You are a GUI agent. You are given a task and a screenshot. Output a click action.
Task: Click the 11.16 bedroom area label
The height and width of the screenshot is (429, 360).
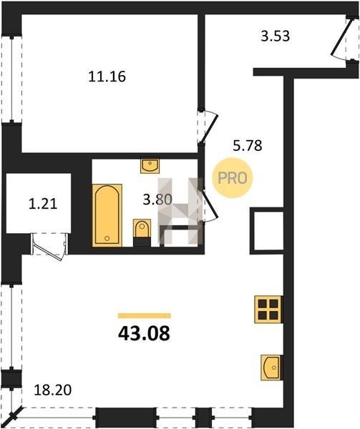(107, 77)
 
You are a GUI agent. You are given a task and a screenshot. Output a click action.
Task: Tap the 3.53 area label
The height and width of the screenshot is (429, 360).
(275, 36)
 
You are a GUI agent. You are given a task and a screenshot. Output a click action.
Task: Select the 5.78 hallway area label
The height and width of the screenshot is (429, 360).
(248, 146)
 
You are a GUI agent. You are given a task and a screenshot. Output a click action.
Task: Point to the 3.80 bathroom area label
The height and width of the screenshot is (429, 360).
(157, 199)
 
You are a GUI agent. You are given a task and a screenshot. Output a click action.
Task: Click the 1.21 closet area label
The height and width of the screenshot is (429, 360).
(43, 204)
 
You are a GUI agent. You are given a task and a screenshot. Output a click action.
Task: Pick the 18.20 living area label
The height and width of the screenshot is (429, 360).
(53, 390)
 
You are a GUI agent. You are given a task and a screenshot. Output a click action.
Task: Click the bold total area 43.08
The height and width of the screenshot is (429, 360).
(144, 334)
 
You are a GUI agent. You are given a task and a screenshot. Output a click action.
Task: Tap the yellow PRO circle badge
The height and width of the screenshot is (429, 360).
(233, 178)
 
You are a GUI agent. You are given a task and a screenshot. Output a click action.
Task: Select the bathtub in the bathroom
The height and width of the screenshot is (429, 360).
(107, 215)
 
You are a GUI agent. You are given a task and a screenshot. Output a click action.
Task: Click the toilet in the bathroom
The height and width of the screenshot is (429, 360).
(142, 232)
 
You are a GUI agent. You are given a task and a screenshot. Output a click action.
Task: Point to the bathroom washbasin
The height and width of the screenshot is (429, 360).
(150, 166)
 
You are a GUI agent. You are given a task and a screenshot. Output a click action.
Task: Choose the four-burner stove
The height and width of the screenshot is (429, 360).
(268, 310)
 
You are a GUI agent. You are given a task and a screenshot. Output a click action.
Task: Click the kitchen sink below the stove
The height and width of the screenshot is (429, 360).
(271, 368)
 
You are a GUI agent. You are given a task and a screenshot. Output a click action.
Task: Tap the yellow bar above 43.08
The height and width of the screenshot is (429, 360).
(145, 316)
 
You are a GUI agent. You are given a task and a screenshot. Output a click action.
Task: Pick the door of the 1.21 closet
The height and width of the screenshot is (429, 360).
(49, 247)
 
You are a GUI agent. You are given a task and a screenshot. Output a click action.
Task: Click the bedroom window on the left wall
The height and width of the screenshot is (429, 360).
(11, 79)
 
